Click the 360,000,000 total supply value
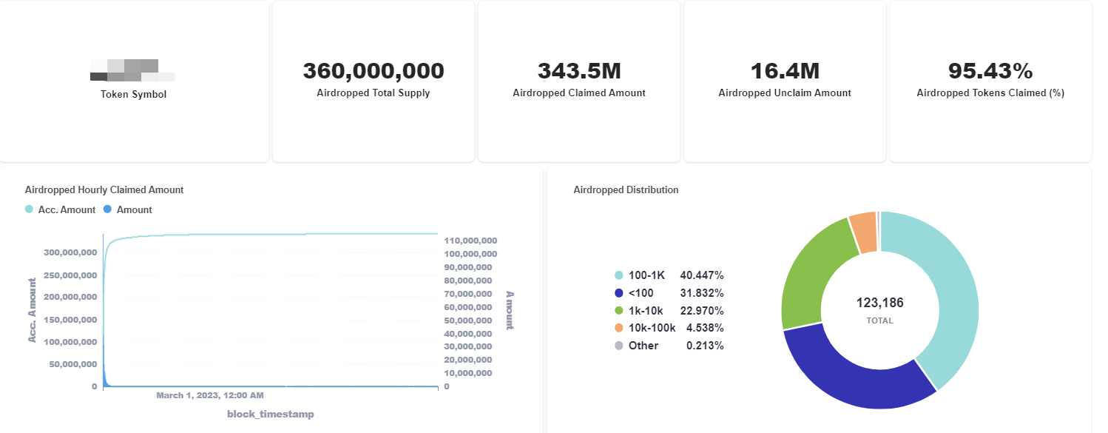(x=374, y=71)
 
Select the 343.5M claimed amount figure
(x=579, y=71)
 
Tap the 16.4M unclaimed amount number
(x=785, y=71)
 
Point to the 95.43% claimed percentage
(x=990, y=71)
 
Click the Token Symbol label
(x=134, y=94)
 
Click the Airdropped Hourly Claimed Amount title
(x=104, y=190)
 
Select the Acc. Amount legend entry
(x=61, y=210)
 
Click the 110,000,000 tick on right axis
(x=470, y=241)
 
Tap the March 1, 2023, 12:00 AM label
(x=210, y=396)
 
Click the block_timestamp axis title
(x=270, y=414)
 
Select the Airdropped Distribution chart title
(x=626, y=190)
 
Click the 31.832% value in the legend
(x=702, y=293)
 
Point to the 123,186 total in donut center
(x=879, y=303)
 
